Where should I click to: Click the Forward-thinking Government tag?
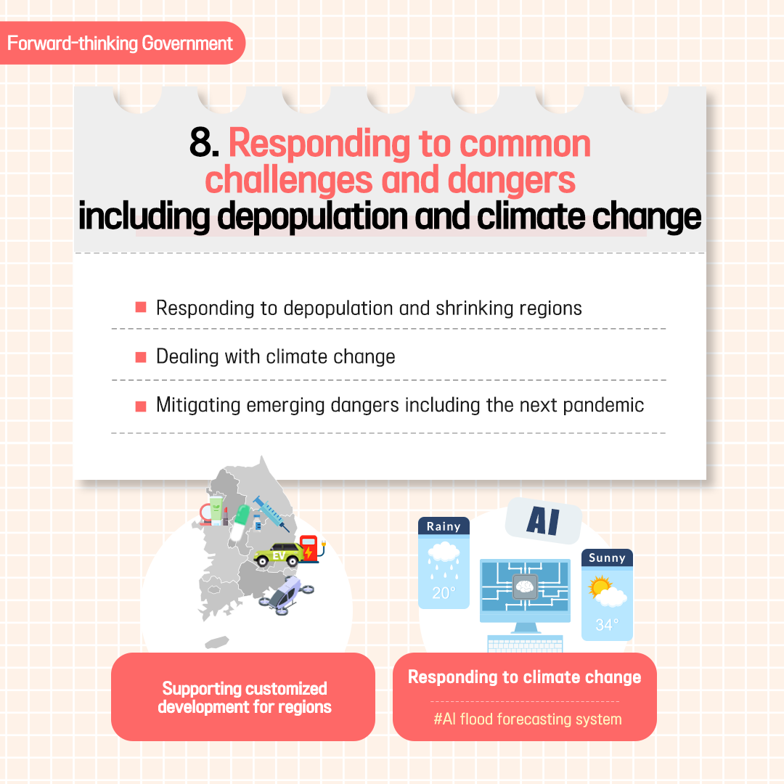pos(120,43)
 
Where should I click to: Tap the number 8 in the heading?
pos(200,142)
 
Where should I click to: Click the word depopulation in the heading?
pos(313,216)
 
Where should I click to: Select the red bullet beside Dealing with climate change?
pos(141,357)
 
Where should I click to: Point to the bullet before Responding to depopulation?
pos(141,307)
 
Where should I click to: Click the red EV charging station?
pos(311,549)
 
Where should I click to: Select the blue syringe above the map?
pos(271,513)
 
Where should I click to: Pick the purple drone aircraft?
pos(286,595)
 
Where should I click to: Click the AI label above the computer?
pos(543,521)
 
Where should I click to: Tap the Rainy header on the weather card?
pos(444,526)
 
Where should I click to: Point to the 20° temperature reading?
pos(444,593)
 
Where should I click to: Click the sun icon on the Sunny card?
pos(600,586)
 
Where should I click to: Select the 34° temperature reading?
pos(607,624)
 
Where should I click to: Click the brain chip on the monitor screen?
pos(525,587)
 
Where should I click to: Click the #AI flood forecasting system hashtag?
pos(528,719)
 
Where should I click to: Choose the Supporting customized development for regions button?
pos(243,696)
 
